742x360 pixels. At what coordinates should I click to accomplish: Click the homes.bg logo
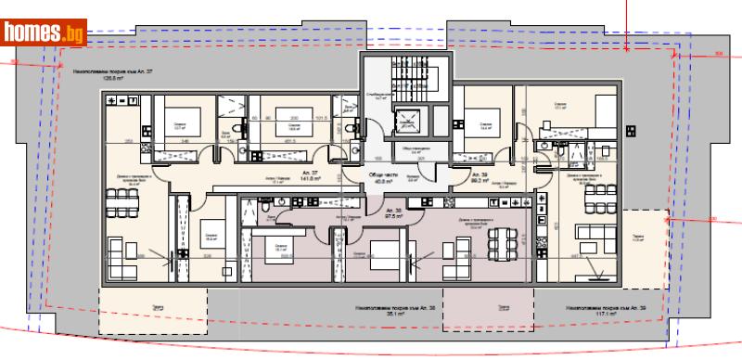tap(44, 33)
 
